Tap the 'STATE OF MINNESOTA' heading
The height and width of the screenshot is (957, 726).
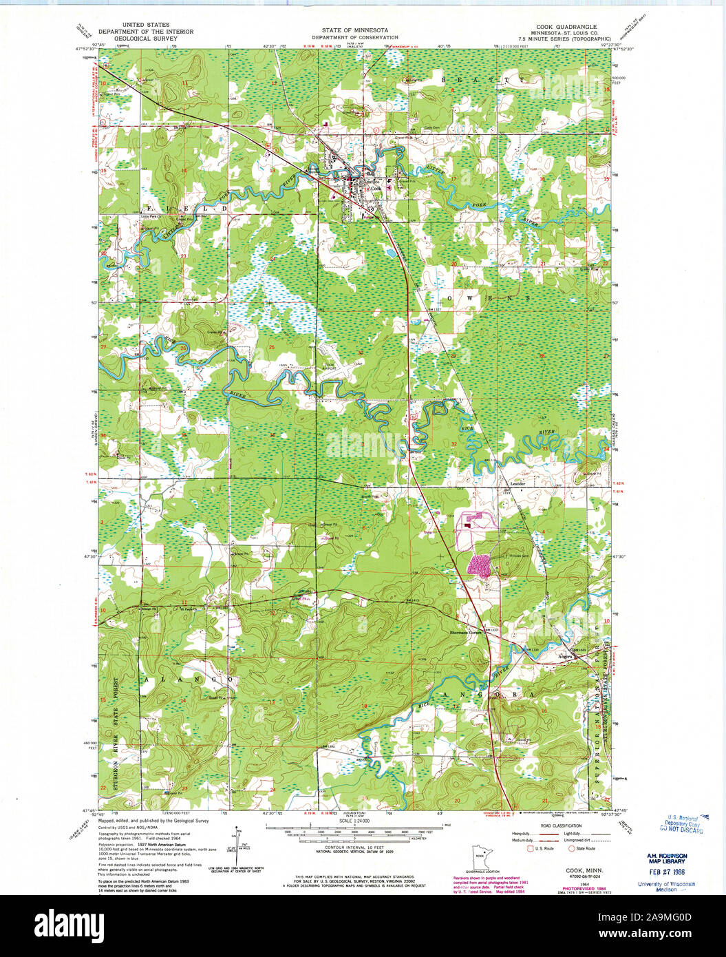pos(354,31)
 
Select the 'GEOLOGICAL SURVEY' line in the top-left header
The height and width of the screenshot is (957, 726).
pos(145,38)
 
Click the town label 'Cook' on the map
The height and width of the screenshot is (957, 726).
pos(376,188)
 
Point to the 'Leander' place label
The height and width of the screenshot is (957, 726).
pos(517,484)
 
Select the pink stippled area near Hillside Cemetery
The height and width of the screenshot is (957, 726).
pos(480,565)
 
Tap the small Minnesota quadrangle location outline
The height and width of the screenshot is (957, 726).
pos(481,858)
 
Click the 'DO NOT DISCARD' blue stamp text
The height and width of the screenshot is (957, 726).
pos(681,830)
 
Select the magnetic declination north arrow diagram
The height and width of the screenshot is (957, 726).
pos(236,847)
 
